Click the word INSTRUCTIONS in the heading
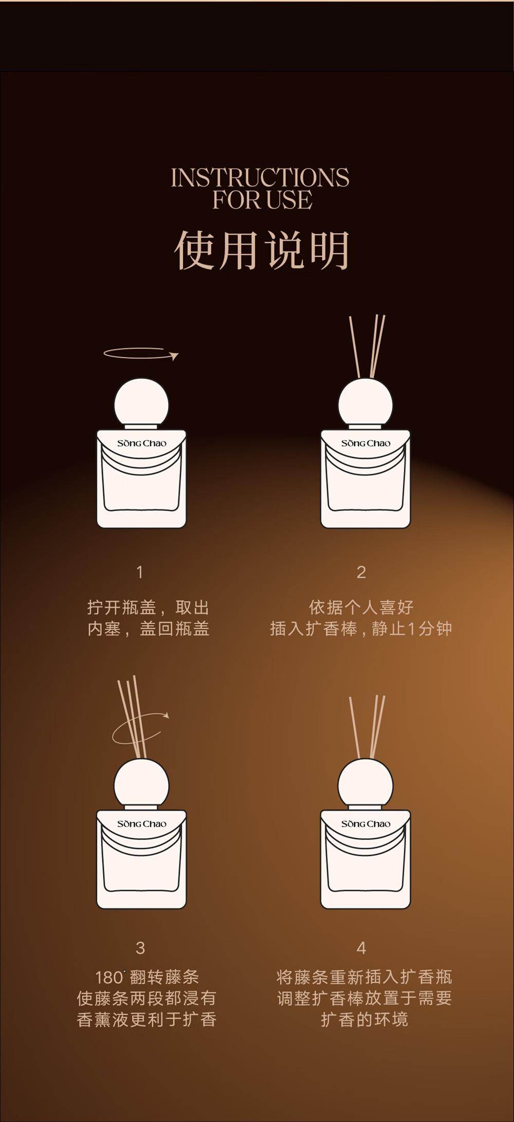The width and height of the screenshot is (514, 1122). [260, 177]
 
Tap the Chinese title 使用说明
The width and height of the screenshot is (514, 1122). [262, 250]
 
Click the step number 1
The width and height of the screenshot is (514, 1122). [139, 572]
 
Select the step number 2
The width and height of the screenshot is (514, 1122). [361, 572]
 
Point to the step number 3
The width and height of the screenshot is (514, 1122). [140, 948]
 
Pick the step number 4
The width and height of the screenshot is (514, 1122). [361, 948]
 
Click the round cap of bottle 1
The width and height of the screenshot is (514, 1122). [141, 403]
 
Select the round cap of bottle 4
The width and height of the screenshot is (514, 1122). [365, 784]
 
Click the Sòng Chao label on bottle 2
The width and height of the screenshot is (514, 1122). [365, 443]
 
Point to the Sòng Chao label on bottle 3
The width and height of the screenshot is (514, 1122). [141, 824]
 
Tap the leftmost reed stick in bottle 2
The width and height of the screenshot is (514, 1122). [355, 347]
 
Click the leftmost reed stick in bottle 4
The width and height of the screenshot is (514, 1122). [355, 728]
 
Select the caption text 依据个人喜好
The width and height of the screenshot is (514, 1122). [361, 608]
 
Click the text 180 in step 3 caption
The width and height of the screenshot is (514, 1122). [109, 977]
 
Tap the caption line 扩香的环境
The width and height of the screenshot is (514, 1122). [364, 1019]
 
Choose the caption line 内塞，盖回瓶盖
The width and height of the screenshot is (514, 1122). [149, 629]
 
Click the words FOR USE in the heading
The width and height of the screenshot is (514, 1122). [262, 200]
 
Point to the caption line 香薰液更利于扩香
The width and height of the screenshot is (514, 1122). [146, 1019]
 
